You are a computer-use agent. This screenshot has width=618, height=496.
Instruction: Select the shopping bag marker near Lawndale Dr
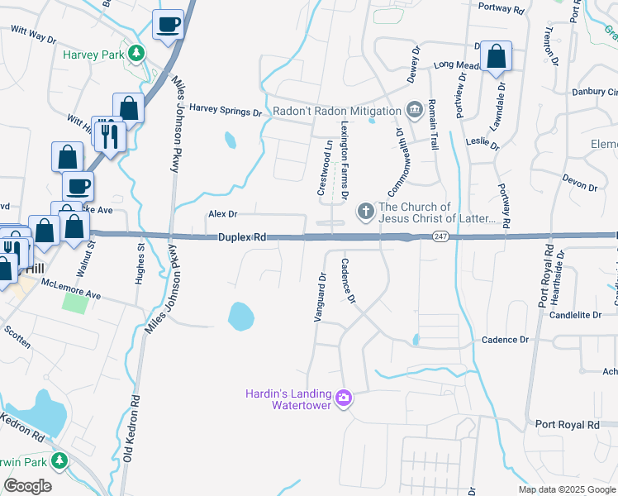click(496, 58)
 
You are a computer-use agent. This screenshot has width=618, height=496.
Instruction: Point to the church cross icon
click(366, 212)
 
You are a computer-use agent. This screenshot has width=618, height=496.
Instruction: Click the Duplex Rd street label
click(242, 237)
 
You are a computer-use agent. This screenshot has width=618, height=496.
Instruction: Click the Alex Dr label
click(222, 214)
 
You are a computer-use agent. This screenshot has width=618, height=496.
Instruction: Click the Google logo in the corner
click(27, 485)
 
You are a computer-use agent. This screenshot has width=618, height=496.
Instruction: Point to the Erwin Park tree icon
click(59, 459)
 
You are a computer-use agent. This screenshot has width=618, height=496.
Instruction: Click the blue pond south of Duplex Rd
click(240, 315)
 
